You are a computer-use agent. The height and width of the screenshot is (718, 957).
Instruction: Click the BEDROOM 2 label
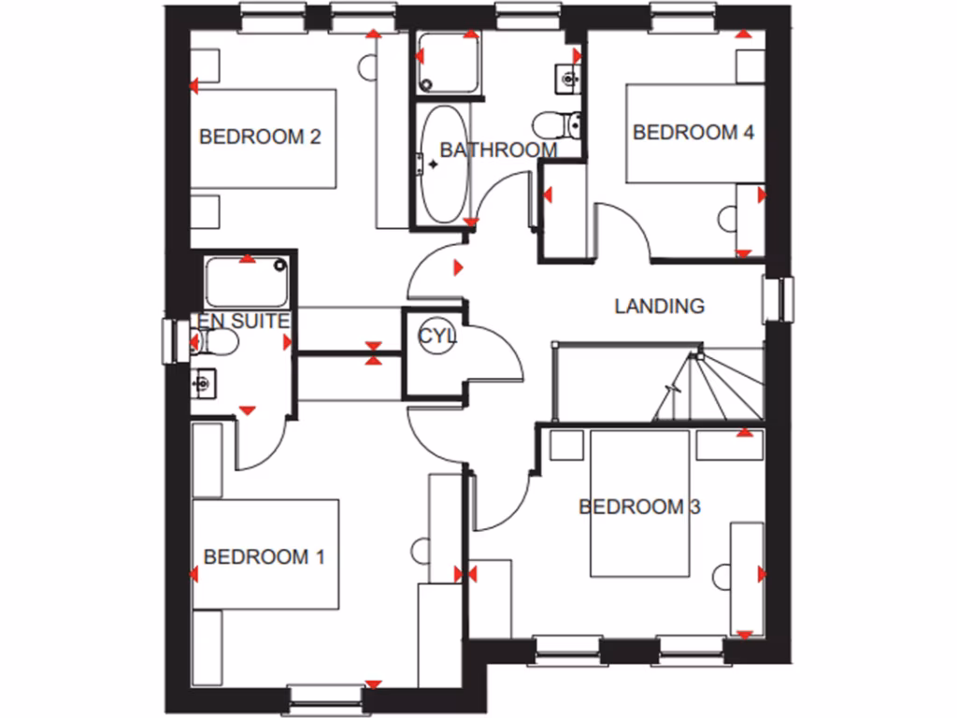pos(261,137)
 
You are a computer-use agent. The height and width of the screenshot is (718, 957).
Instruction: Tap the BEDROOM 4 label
pos(693,132)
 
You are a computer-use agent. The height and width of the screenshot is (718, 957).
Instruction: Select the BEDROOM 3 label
pos(639,508)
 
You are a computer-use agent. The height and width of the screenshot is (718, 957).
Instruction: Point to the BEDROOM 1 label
pos(264,558)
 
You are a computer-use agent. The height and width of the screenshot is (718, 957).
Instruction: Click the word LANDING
pos(659,306)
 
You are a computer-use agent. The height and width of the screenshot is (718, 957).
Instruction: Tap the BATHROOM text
pos(498,150)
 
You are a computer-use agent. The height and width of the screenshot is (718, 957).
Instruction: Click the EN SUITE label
pos(241,322)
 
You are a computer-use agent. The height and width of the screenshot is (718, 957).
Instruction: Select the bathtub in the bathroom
pos(443,164)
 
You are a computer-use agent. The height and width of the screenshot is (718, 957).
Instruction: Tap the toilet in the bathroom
pos(559,123)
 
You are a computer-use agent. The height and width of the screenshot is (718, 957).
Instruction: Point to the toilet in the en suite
pos(217,343)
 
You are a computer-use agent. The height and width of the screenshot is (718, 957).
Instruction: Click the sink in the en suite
pos(204,381)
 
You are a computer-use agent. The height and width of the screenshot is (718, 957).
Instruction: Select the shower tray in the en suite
pos(246,281)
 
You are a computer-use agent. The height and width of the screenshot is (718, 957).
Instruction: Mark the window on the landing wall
pos(777,300)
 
